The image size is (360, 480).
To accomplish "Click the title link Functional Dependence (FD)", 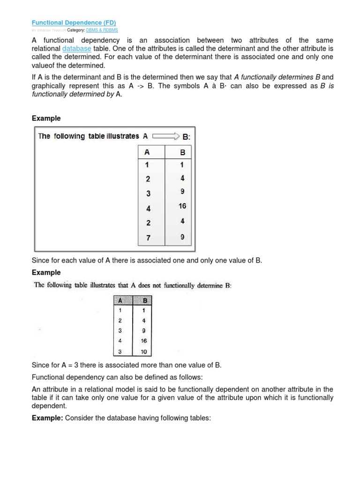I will click(74, 22).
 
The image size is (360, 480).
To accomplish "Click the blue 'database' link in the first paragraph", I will click(76, 48).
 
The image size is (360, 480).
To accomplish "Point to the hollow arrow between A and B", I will click(165, 136).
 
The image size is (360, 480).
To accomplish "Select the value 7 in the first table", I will click(148, 238).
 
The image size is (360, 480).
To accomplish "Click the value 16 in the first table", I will click(182, 206).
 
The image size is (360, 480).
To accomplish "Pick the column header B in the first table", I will click(182, 152).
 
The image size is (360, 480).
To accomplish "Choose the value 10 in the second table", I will click(144, 351).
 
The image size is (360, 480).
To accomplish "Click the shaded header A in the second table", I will click(121, 301).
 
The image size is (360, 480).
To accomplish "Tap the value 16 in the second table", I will click(144, 341).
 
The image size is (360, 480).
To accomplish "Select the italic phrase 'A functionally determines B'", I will click(277, 77).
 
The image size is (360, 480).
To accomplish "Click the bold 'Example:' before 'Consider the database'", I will click(47, 416).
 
